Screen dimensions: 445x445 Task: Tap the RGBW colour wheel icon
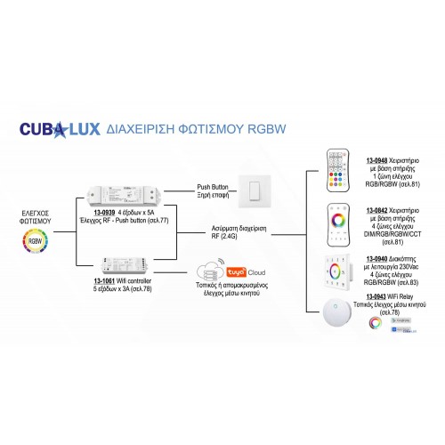coord(36,240)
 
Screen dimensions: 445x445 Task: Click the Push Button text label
coord(215,187)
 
